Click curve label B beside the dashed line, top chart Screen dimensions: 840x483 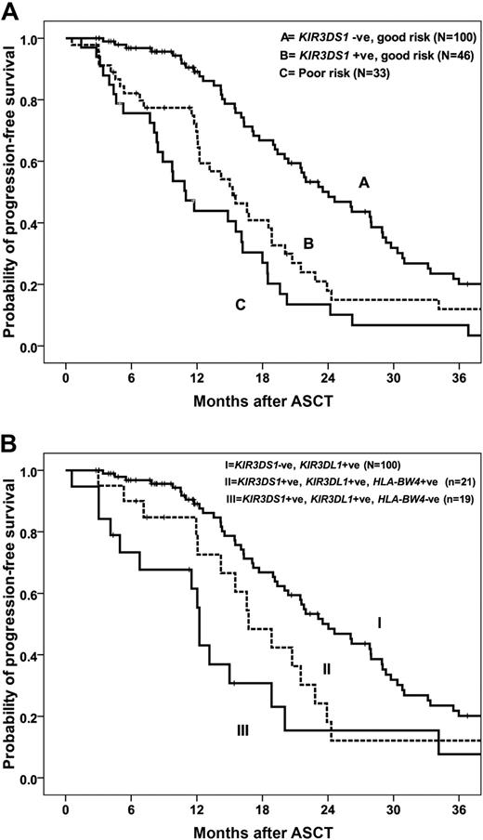point(308,243)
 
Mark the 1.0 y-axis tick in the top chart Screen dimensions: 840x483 point(39,39)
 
